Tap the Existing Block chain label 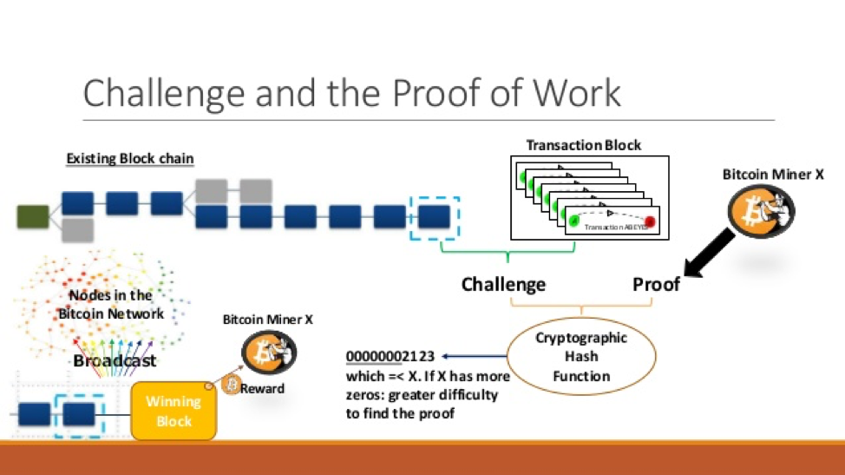(130, 159)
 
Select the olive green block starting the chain (33, 216)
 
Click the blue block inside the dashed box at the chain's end (434, 216)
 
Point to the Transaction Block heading (584, 144)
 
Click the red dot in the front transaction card (649, 222)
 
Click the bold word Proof (656, 284)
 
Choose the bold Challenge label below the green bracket (503, 284)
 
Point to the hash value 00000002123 (390, 356)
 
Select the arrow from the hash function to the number (473, 356)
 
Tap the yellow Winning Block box (174, 411)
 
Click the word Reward (263, 388)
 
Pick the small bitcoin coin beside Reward (231, 386)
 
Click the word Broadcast (115, 360)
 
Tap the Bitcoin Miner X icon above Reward (269, 353)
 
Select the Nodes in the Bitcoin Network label (111, 305)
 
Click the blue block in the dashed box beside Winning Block (79, 413)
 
